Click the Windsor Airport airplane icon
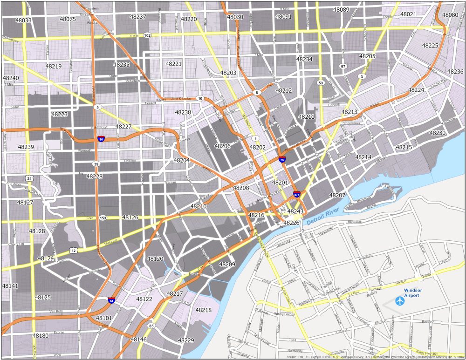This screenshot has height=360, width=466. [x=400, y=301]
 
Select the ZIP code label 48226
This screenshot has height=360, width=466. [x=291, y=223]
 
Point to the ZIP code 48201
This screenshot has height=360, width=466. [x=281, y=183]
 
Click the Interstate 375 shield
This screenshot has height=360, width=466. [x=296, y=194]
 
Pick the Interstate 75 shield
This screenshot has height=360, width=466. [x=282, y=160]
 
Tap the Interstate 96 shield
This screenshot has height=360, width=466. [x=101, y=139]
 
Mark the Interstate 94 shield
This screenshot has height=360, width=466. [x=111, y=300]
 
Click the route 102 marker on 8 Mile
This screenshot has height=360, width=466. [x=147, y=35]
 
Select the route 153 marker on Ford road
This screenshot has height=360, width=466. [x=103, y=218]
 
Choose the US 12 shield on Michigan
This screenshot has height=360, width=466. [x=74, y=251]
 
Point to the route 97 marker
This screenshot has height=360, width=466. [x=343, y=67]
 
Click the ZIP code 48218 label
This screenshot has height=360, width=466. [x=203, y=310]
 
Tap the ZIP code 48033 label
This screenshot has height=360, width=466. [x=23, y=20]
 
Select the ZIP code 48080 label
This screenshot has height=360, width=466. [x=450, y=15]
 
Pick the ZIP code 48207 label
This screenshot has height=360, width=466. [x=337, y=195]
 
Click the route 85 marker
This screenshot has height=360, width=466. [x=151, y=326]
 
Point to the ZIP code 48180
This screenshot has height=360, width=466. [x=41, y=336]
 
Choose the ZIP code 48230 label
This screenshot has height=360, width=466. [x=438, y=133]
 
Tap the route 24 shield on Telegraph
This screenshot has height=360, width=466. [x=29, y=178]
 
